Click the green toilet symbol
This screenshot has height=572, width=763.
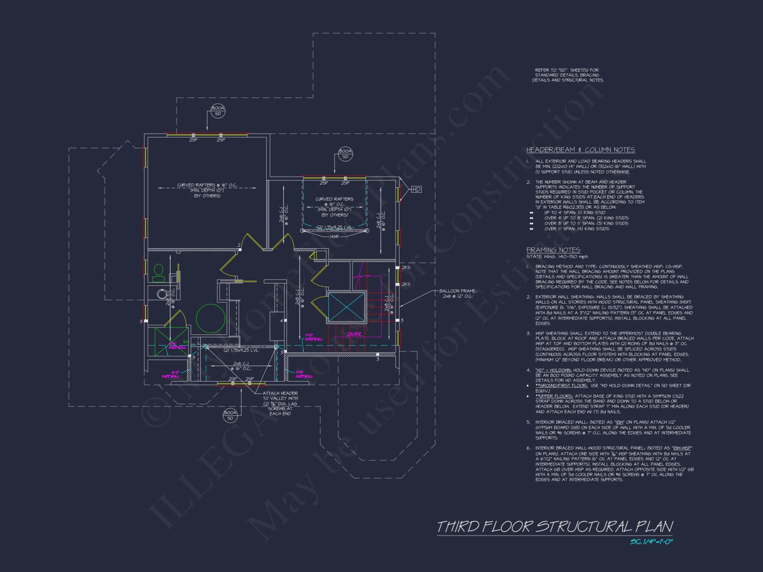[158, 272]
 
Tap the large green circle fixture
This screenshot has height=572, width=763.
[211, 318]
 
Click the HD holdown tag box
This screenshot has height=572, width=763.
[416, 189]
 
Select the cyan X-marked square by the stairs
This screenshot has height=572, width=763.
[346, 307]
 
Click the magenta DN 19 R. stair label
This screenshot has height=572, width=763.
[354, 334]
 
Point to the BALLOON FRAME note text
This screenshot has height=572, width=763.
[457, 293]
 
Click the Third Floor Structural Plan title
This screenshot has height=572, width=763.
[555, 527]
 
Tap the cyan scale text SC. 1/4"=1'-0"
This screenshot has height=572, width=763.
[651, 541]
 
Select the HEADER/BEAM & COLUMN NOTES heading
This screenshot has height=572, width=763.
[581, 150]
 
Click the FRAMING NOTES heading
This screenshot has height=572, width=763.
[553, 250]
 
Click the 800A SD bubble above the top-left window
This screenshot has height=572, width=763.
[218, 111]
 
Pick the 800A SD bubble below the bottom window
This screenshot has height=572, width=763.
[230, 415]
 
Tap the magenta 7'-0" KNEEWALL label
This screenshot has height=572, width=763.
[314, 337]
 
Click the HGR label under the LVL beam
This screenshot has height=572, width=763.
[334, 236]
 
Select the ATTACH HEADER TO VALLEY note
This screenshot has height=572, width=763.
[280, 403]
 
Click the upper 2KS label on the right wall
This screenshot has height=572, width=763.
[406, 267]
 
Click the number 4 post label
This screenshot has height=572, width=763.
[282, 321]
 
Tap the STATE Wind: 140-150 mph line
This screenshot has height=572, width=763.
[557, 257]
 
